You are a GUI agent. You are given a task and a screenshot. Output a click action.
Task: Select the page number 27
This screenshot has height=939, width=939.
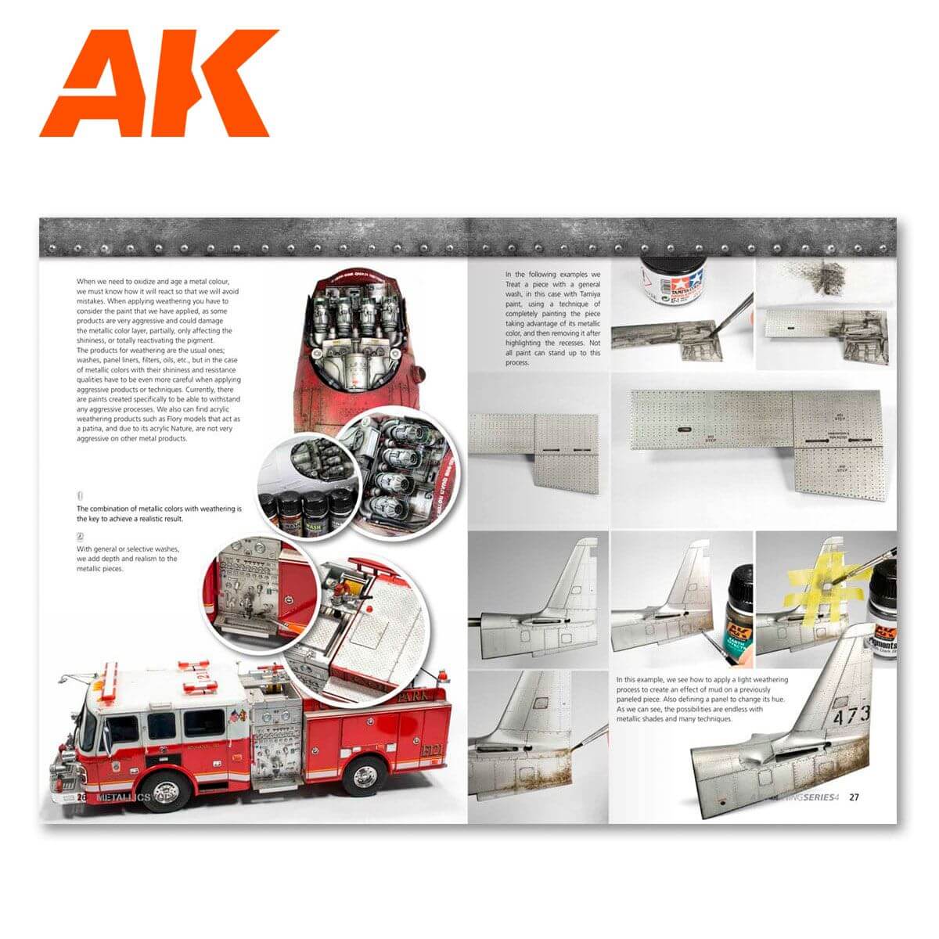(x=854, y=797)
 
